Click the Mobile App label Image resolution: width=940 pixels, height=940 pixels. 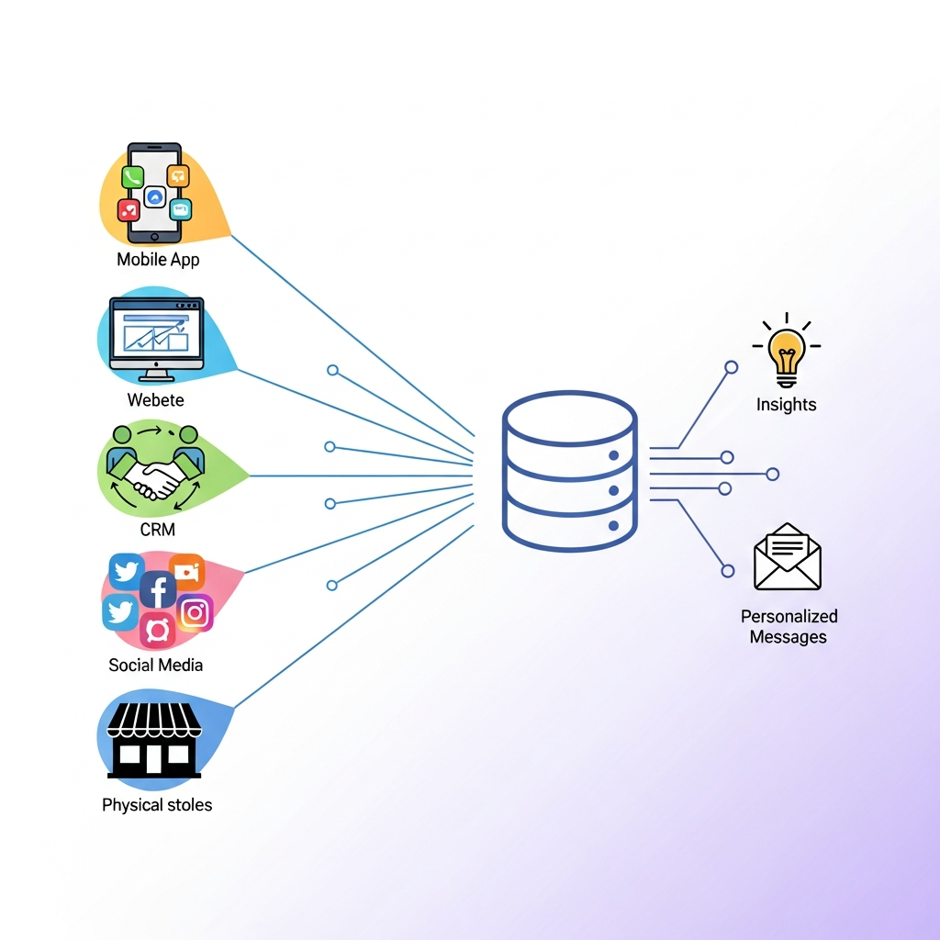pos(158,260)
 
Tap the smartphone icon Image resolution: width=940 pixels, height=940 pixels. pos(155,193)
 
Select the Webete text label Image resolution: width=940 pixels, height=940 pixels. pos(155,400)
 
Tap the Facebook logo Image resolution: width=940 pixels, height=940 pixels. pos(158,589)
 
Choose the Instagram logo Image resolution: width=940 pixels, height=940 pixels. pos(195,613)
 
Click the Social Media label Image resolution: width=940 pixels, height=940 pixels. pos(155,665)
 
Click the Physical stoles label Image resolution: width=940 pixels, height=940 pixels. pos(157,805)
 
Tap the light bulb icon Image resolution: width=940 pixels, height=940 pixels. pos(786,353)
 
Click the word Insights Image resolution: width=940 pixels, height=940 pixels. pos(786,404)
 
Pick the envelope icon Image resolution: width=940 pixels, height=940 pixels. pos(787,557)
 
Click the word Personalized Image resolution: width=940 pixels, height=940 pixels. pos(789,616)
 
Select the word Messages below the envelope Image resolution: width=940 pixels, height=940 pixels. pos(788,637)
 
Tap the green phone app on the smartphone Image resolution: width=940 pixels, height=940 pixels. pos(133,178)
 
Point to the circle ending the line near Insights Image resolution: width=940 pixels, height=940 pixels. pos(731,367)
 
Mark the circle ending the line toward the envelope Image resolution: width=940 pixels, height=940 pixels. pos(728,571)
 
